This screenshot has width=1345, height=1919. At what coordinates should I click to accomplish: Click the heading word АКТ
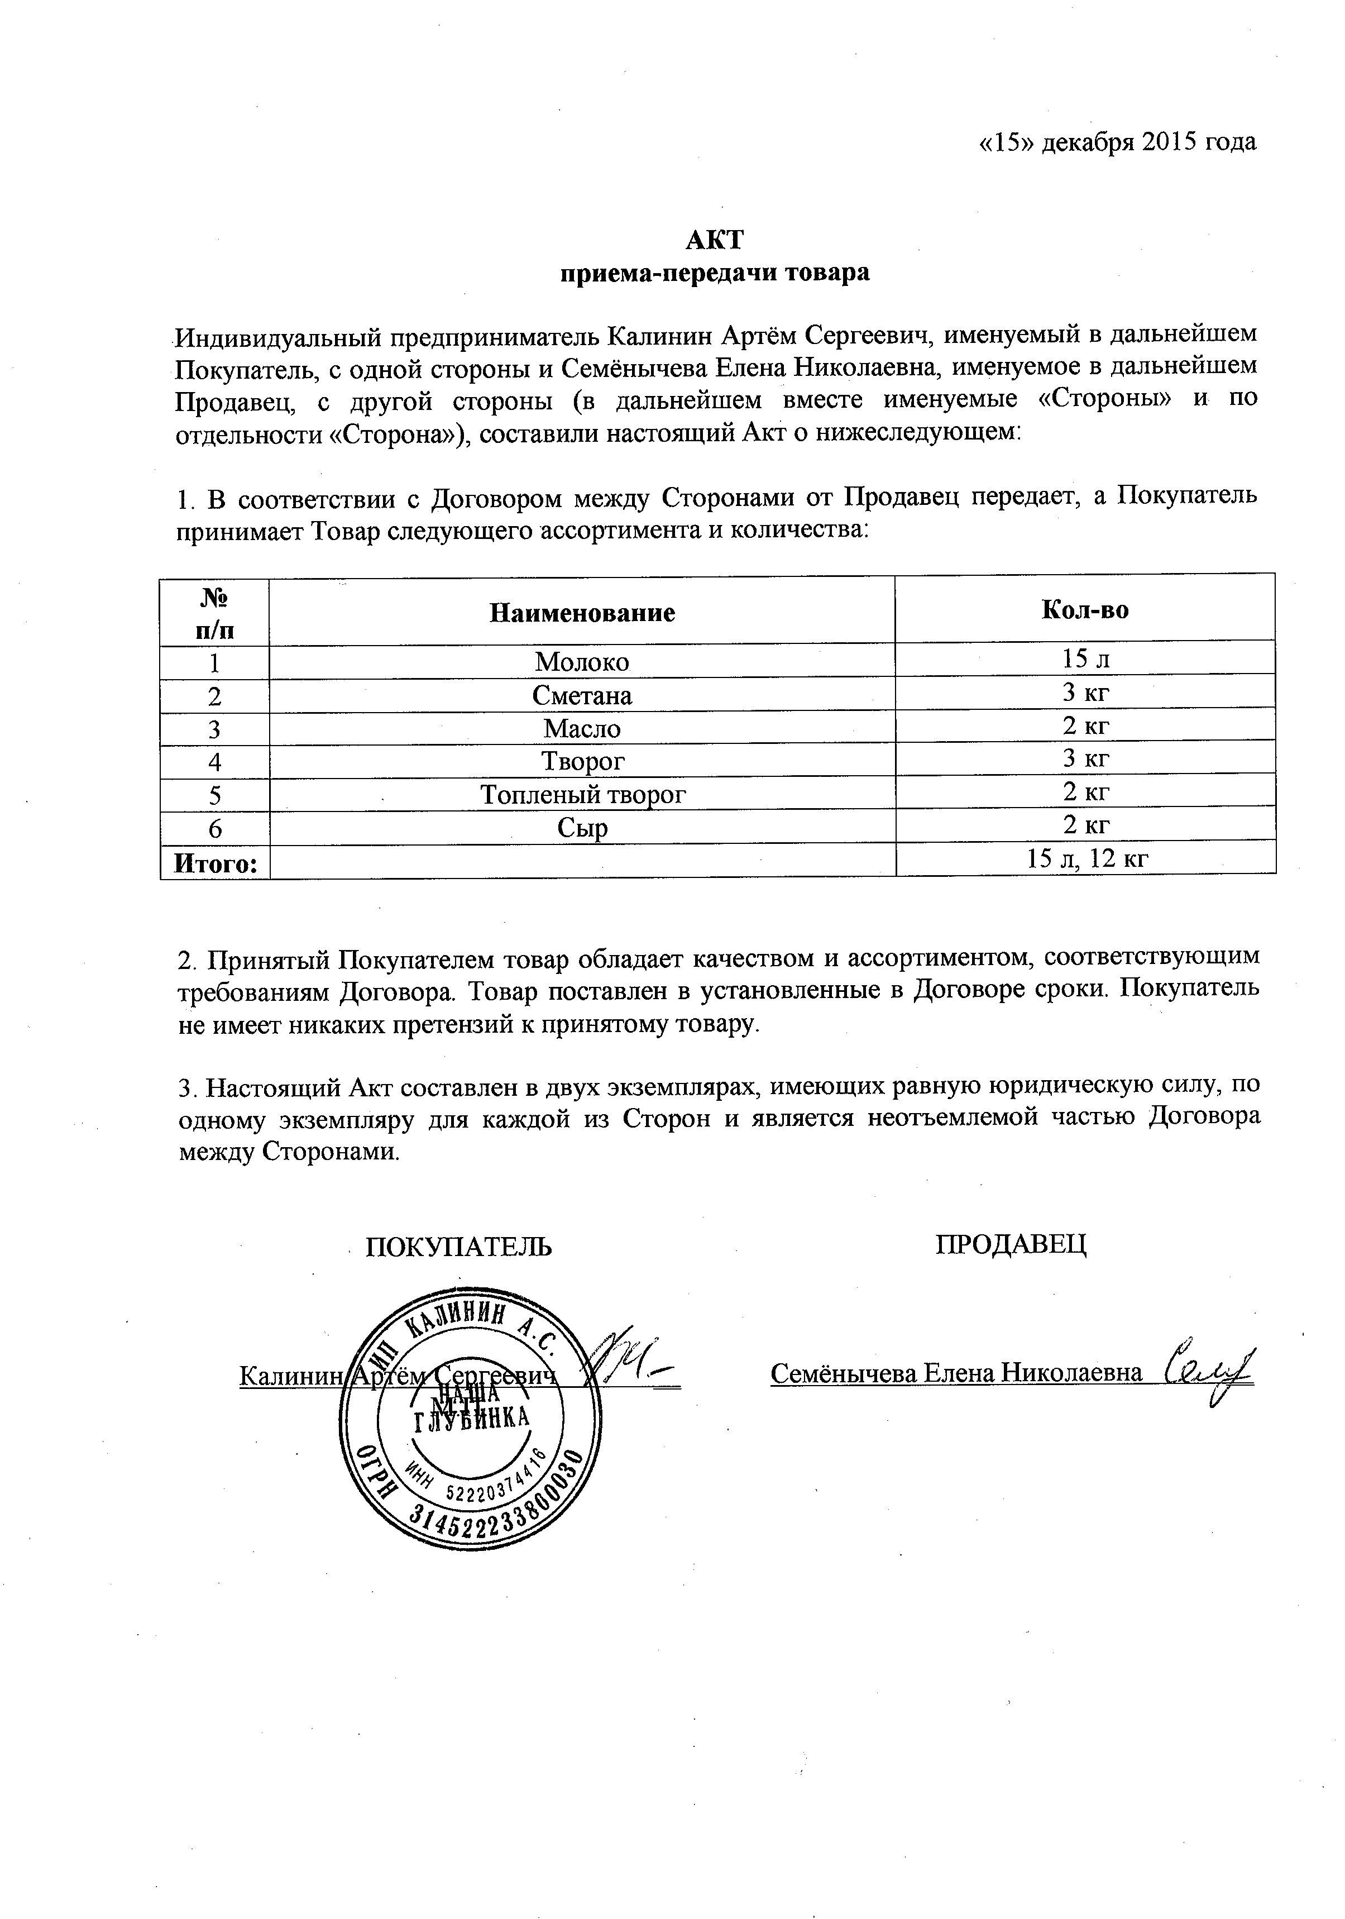pyautogui.click(x=714, y=241)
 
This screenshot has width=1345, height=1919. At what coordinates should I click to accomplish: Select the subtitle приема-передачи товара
pyautogui.click(x=714, y=273)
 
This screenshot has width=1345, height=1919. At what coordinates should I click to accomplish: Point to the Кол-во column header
pyautogui.click(x=1084, y=610)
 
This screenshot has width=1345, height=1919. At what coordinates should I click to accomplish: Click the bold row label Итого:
pyautogui.click(x=215, y=862)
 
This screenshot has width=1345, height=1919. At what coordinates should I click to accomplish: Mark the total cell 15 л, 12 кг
pyautogui.click(x=1086, y=858)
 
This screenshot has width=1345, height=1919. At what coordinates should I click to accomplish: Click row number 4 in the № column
pyautogui.click(x=215, y=761)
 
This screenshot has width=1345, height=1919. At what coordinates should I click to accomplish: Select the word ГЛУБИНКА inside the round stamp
pyautogui.click(x=471, y=1421)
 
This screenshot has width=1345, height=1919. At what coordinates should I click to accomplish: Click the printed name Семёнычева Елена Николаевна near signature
pyautogui.click(x=956, y=1373)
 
